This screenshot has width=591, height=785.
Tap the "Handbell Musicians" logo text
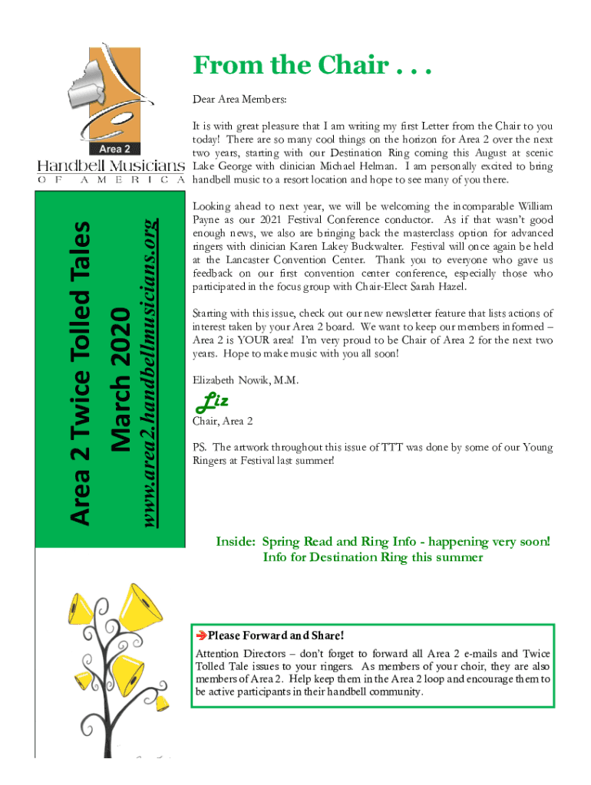click(111, 166)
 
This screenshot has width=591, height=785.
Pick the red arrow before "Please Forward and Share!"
click(201, 636)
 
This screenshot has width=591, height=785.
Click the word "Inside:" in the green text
click(236, 541)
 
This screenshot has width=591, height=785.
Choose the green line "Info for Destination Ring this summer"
click(373, 557)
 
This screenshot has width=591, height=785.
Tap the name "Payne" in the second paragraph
click(207, 220)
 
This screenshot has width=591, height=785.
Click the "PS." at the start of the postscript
click(200, 447)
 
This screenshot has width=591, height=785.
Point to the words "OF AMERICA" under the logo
click(111, 180)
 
